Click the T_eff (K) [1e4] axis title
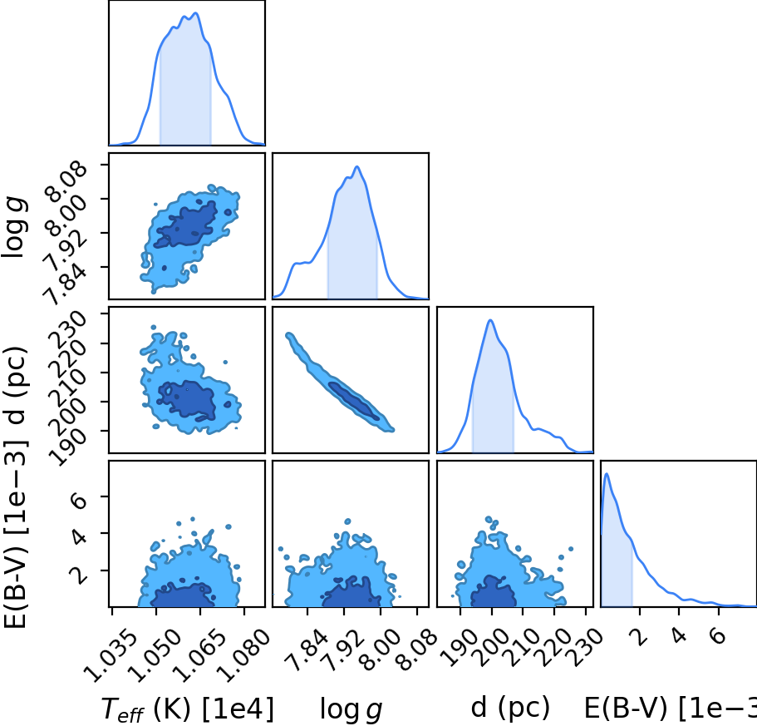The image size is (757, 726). point(188,709)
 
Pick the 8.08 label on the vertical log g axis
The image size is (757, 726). point(66,181)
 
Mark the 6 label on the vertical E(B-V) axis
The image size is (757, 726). point(79,500)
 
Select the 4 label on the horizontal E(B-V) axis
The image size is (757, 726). point(679,635)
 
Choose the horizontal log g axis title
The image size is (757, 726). point(351,709)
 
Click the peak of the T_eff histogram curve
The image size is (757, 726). point(195,13)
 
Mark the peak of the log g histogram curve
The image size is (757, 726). point(357,166)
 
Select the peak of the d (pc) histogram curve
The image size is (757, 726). point(490,320)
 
